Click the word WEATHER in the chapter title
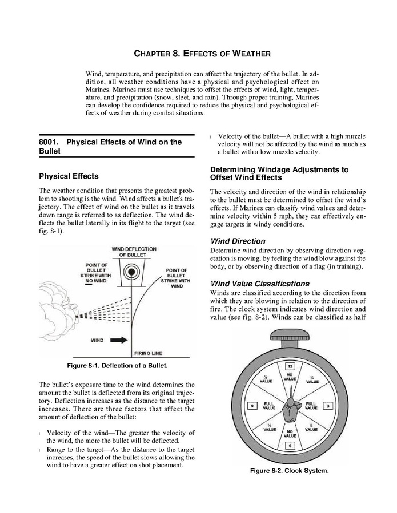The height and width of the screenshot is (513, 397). [x=245, y=54]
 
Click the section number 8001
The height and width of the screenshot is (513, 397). [x=50, y=142]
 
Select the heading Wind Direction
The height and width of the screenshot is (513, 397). [x=238, y=241]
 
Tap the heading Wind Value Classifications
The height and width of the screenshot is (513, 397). [x=260, y=284]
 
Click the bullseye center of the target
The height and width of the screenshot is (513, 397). [x=132, y=272]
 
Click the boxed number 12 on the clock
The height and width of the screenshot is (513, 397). [x=290, y=365]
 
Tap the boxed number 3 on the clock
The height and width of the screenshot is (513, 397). [x=327, y=406]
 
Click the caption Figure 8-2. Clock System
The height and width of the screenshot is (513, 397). [x=290, y=471]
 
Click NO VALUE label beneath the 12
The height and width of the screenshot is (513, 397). [x=290, y=377]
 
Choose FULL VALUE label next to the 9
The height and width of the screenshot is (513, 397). [x=268, y=406]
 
